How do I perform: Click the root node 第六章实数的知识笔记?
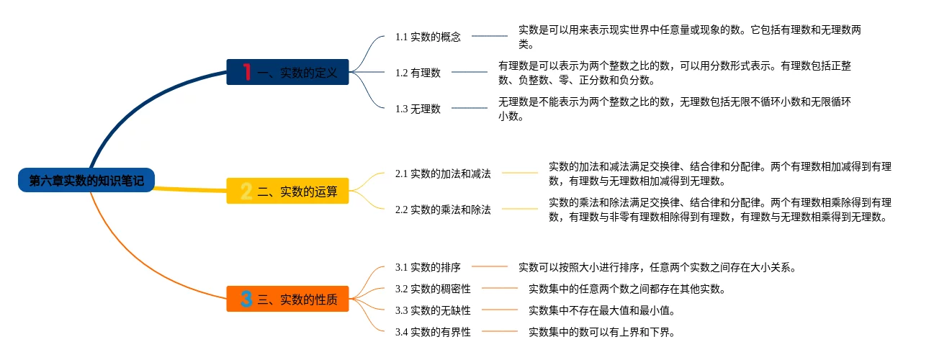86,181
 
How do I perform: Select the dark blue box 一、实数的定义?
287,72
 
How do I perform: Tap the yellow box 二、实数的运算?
287,191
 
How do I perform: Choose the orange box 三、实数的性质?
287,300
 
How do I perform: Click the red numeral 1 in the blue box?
246,72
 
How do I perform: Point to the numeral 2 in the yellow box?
246,191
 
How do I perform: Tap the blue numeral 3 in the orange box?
246,300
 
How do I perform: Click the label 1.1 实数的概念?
428,36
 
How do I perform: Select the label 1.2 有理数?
418,72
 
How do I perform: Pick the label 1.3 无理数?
418,109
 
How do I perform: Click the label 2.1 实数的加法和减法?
443,174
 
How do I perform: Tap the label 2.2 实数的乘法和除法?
443,210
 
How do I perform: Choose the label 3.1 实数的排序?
428,267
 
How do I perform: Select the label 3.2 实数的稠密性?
433,289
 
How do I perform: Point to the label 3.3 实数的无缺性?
433,310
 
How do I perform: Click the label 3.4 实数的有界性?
433,332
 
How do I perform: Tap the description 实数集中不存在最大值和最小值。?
601,310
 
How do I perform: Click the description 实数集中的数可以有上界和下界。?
601,332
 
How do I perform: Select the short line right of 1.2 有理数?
470,72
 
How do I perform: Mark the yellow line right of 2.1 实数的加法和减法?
520,174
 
